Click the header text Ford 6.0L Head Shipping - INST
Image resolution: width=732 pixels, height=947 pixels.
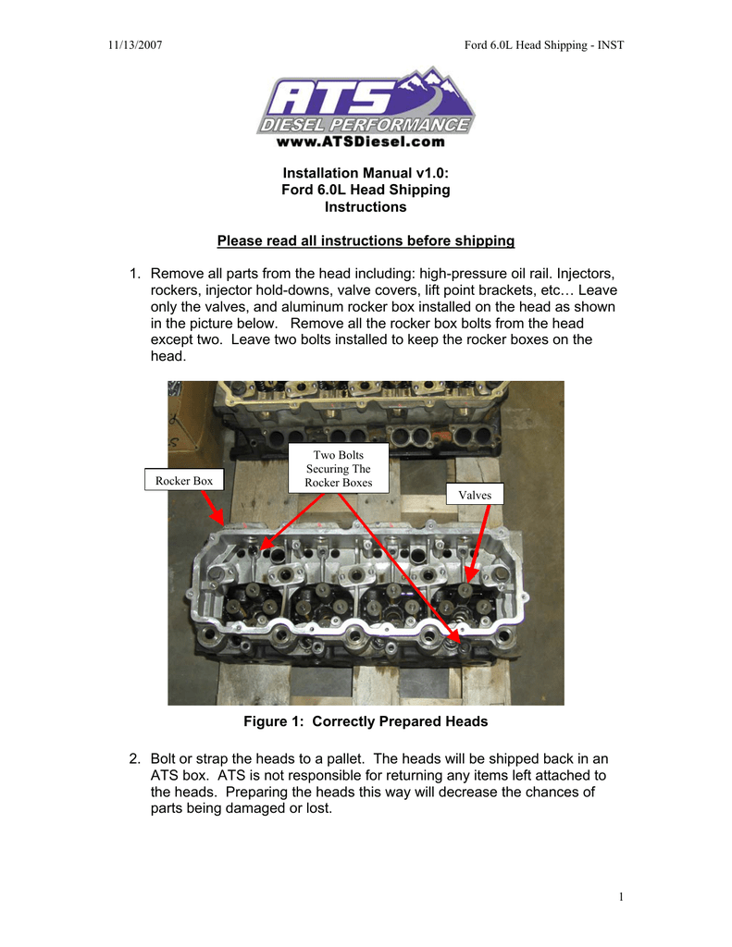[x=544, y=46]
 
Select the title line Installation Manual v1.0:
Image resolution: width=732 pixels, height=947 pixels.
[x=366, y=173]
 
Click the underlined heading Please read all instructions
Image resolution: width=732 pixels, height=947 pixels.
[x=366, y=241]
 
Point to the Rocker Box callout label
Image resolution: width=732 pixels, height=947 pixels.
[x=184, y=481]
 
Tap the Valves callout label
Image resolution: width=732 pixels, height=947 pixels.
[x=476, y=495]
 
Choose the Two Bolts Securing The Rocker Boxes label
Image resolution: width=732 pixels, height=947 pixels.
[x=339, y=469]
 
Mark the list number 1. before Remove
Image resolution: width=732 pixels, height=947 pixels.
[x=135, y=274]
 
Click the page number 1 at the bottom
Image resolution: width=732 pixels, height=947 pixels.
[x=621, y=897]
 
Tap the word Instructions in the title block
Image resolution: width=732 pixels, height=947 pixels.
[x=366, y=207]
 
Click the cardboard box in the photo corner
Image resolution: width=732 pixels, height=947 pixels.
[x=187, y=416]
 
